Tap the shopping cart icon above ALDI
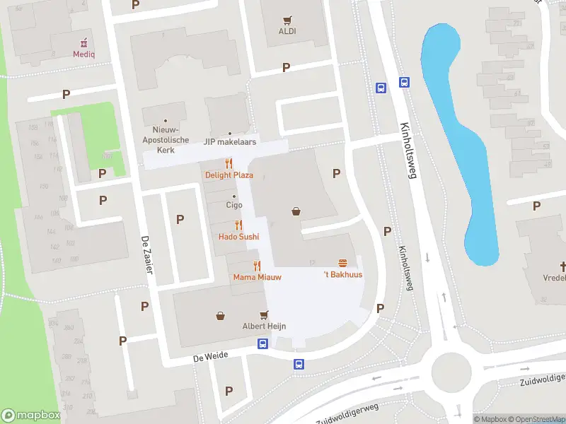click(287, 20)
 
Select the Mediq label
click(83, 54)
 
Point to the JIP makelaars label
click(230, 142)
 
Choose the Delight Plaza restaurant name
click(229, 175)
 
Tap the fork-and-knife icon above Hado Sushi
click(238, 225)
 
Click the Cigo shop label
click(233, 205)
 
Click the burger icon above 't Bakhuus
click(342, 262)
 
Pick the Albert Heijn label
click(264, 326)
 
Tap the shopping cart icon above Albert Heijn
click(264, 314)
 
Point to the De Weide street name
click(211, 356)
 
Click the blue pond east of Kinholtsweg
click(460, 141)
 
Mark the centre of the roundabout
click(451, 368)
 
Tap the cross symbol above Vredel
click(564, 266)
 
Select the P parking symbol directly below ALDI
click(286, 68)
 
